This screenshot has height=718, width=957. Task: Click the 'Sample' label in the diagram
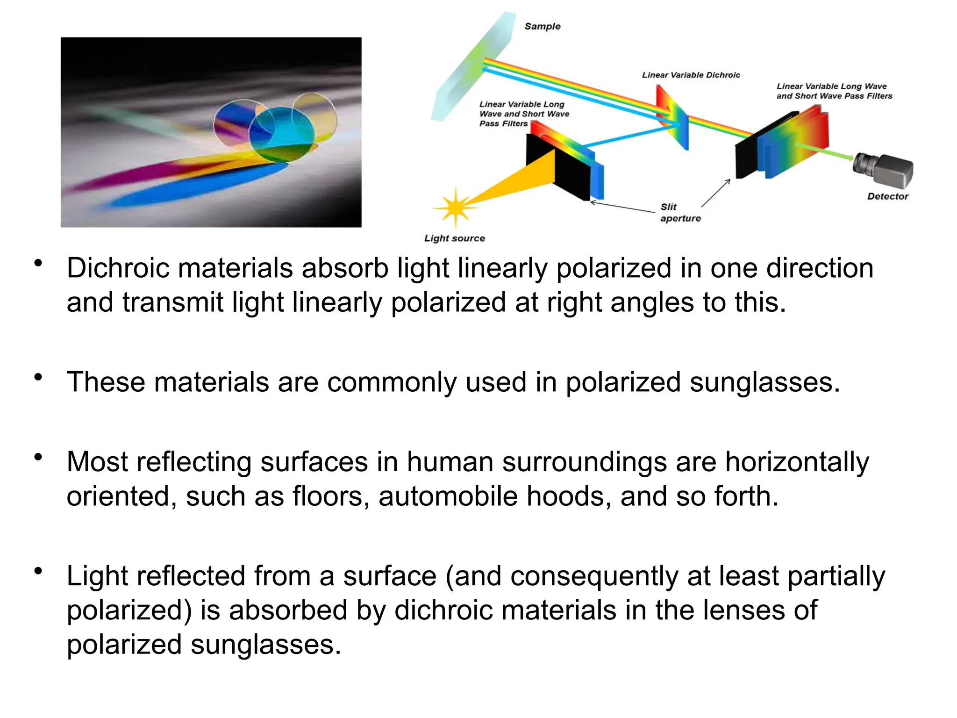point(542,27)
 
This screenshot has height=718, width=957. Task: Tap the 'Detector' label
point(887,197)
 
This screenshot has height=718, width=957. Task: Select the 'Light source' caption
point(454,238)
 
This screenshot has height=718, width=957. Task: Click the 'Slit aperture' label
point(680,213)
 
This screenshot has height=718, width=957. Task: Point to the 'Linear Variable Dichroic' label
point(691,75)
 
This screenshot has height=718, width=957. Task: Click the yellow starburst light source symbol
point(455,207)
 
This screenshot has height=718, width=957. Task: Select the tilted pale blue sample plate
point(472,65)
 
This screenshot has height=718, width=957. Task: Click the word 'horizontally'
point(797,462)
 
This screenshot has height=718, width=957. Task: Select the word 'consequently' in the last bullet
point(594,576)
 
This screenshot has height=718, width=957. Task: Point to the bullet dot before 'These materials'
point(38,377)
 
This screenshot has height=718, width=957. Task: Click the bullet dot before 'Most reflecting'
point(38,457)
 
